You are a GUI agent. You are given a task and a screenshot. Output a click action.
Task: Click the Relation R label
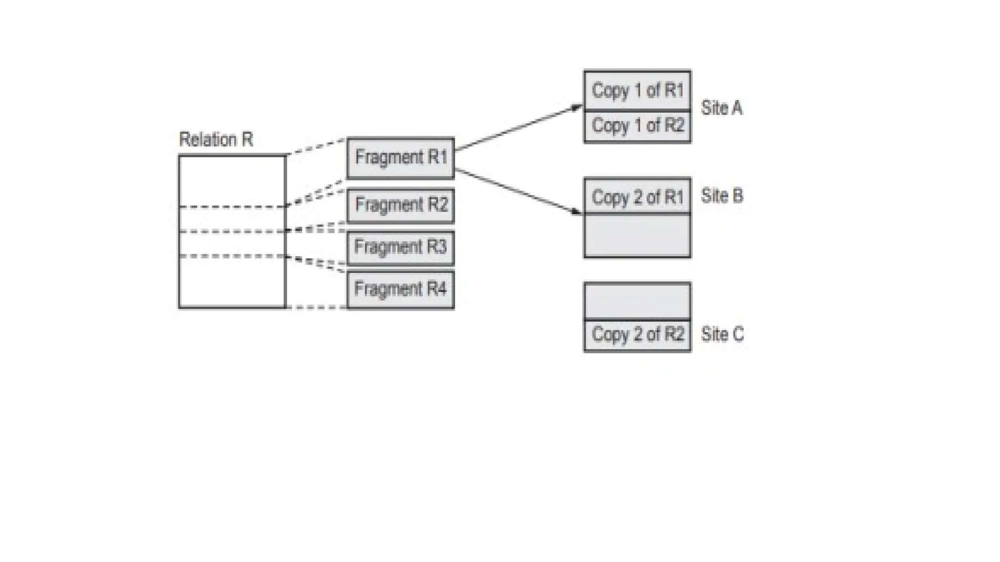point(216,140)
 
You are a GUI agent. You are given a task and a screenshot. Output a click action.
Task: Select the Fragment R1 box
point(400,158)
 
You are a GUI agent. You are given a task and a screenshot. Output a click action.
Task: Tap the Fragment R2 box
point(400,205)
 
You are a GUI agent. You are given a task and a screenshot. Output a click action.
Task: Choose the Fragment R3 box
point(400,247)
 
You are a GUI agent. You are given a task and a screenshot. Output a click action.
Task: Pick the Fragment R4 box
point(400,289)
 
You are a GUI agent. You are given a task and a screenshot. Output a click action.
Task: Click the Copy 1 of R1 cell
point(637,91)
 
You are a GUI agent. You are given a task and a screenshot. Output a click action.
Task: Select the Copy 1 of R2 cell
point(637,126)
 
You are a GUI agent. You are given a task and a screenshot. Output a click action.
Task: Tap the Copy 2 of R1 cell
point(637,197)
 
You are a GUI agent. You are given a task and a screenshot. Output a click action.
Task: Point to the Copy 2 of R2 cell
point(637,335)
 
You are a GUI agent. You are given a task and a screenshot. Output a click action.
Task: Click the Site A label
point(722,108)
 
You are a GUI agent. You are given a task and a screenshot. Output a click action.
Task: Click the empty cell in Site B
point(637,235)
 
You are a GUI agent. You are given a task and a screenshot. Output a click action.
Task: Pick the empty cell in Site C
point(637,301)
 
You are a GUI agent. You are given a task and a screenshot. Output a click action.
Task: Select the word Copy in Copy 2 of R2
point(610,335)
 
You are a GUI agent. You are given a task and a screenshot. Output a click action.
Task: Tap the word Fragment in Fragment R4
point(388,289)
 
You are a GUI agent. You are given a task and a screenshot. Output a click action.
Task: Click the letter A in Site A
point(736,108)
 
